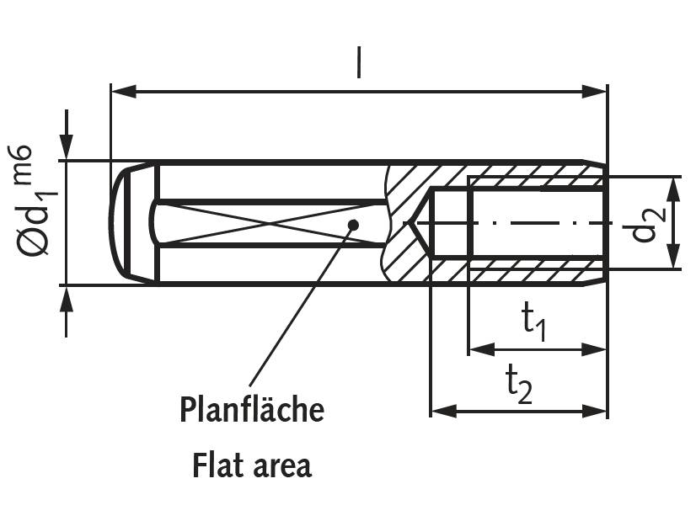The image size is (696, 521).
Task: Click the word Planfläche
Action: point(252,409)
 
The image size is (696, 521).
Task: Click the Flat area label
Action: point(252,465)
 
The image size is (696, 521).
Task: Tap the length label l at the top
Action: point(359,62)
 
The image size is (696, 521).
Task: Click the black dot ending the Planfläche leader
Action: point(353,225)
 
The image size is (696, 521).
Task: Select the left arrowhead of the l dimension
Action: point(123,92)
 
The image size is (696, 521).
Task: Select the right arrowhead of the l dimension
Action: point(594,92)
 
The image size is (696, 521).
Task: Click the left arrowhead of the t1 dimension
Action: point(482,349)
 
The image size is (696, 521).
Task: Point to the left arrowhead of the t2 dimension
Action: point(444,411)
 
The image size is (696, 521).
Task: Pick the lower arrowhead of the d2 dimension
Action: point(674,256)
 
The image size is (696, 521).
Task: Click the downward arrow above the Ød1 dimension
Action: point(67,135)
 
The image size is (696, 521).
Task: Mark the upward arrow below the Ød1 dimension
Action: point(67,311)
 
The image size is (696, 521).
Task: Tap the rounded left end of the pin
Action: point(118,223)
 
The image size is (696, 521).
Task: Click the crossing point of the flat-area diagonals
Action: point(270,223)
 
